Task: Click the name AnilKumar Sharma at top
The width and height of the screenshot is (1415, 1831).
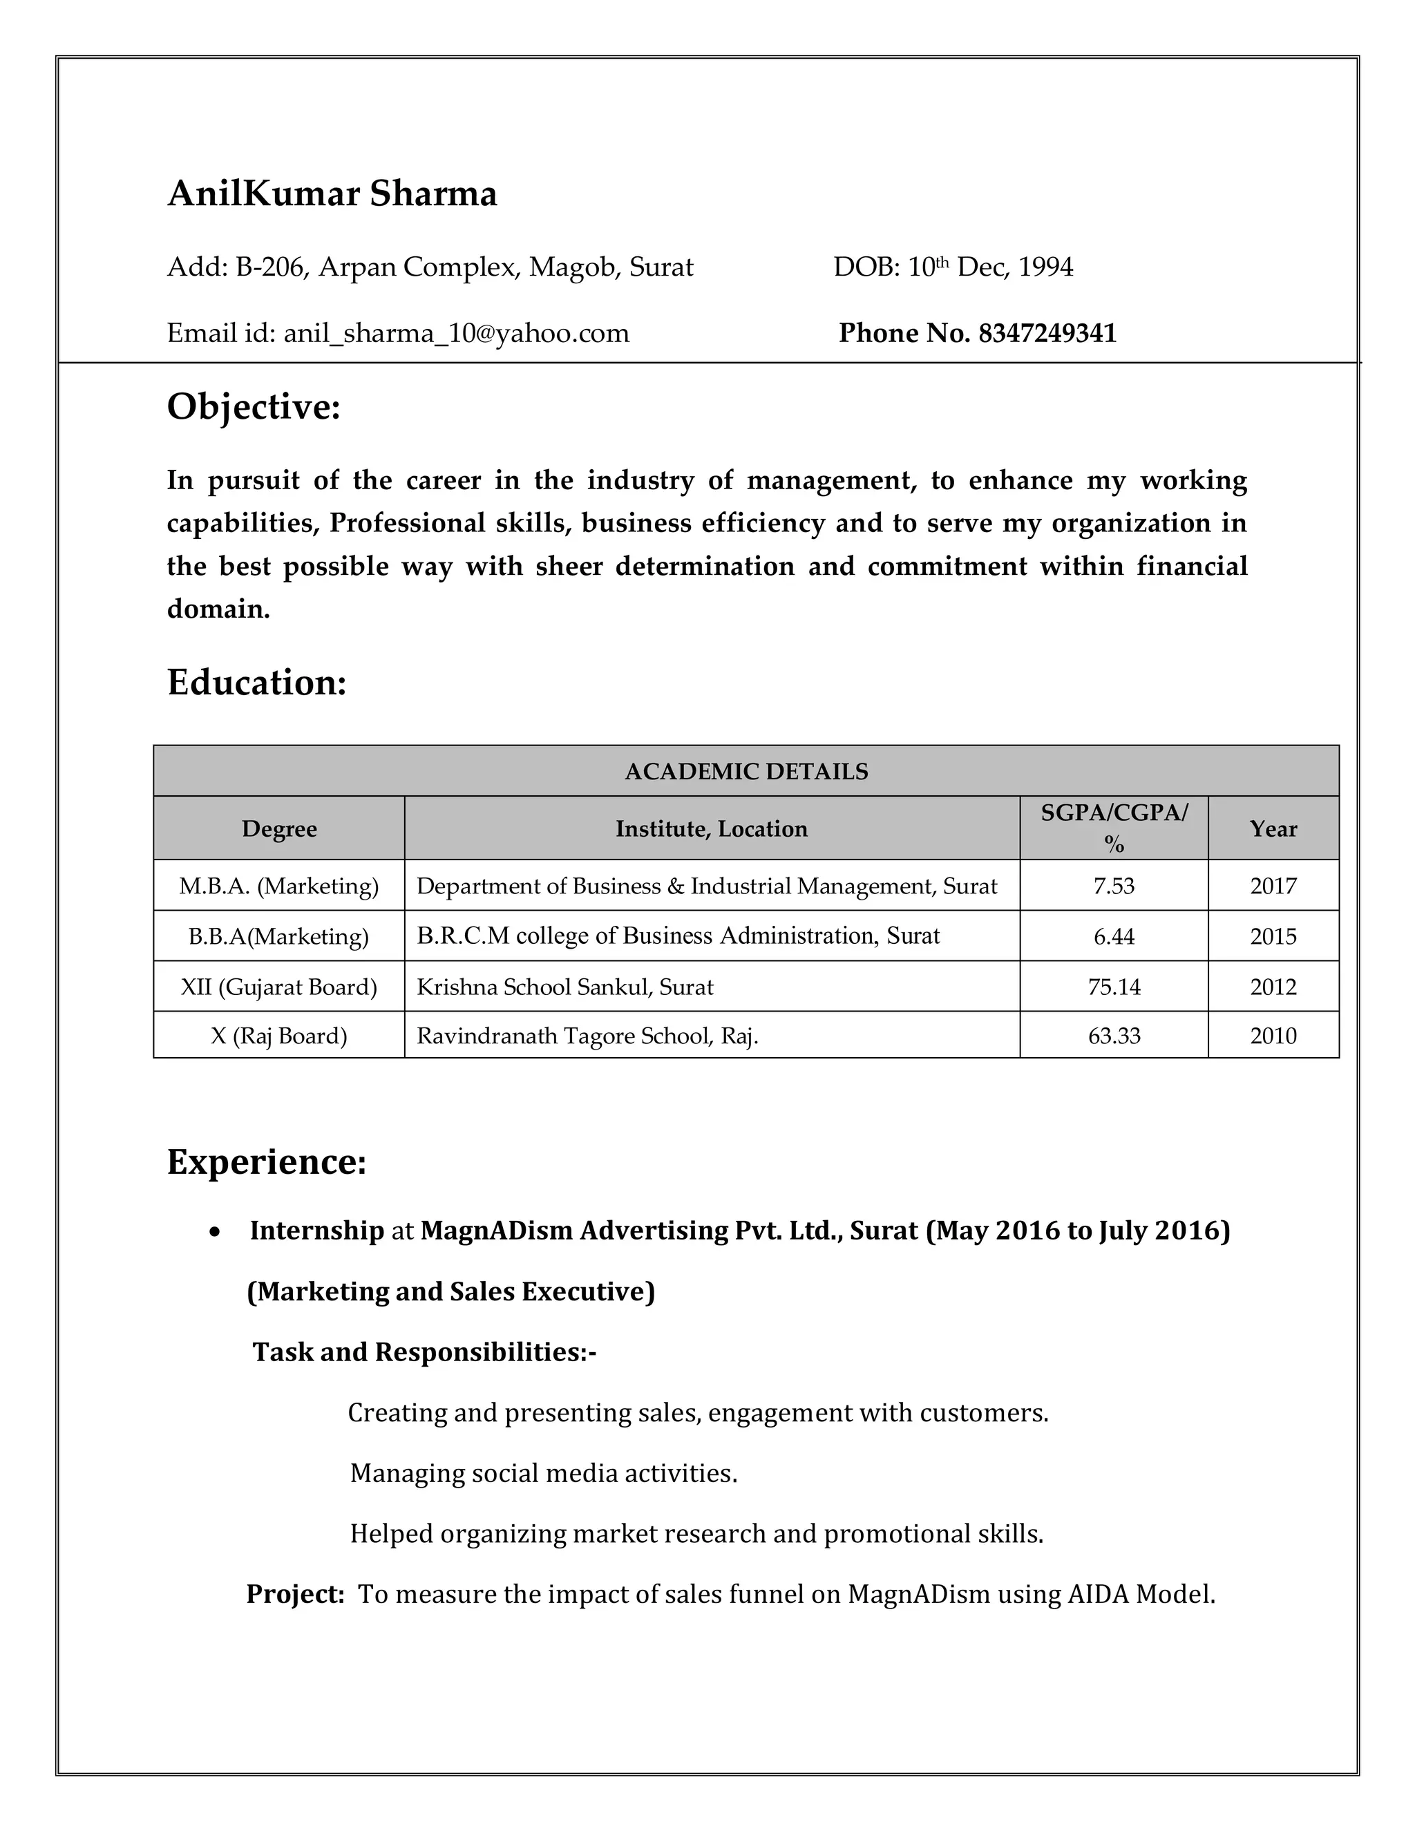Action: (x=332, y=193)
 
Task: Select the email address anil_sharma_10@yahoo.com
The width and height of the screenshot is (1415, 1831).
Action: (x=456, y=333)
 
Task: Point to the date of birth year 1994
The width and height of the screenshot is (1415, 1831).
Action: (x=1045, y=267)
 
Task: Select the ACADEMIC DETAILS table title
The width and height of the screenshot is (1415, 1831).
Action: (x=746, y=771)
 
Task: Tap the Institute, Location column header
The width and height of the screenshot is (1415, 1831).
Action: (x=711, y=828)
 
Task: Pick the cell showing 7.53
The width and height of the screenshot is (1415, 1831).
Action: (x=1113, y=886)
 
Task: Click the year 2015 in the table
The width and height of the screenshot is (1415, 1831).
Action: (x=1273, y=936)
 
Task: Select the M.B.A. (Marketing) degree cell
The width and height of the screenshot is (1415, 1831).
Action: (x=278, y=886)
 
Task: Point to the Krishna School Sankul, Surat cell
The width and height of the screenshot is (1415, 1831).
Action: (x=564, y=987)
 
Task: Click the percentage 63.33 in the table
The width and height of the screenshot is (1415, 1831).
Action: (x=1113, y=1036)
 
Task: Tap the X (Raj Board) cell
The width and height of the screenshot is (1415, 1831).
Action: (x=278, y=1036)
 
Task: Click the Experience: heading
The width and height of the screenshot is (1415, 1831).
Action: (x=267, y=1161)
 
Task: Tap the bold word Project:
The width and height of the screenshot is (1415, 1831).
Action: (x=295, y=1594)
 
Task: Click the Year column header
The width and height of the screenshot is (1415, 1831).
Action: (x=1273, y=828)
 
